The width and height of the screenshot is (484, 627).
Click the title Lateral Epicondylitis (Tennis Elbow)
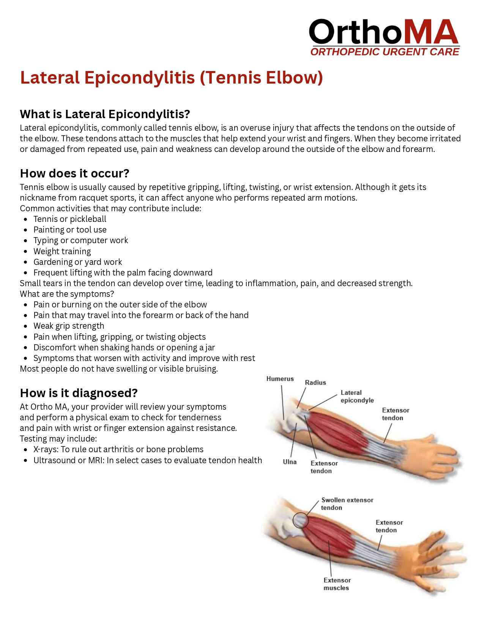click(x=171, y=78)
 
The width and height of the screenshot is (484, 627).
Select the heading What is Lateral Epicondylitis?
click(x=105, y=114)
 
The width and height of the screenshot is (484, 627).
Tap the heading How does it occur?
click(x=74, y=173)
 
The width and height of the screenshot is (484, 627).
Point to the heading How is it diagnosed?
click(x=79, y=393)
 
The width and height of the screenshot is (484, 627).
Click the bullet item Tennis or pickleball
click(x=70, y=219)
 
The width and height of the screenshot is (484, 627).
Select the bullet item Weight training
click(x=62, y=251)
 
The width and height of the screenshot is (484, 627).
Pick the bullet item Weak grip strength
click(x=69, y=326)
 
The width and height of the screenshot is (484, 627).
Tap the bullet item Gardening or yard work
click(x=78, y=262)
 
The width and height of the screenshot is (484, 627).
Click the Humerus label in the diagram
click(x=280, y=379)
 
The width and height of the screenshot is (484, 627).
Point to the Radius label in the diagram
click(x=315, y=383)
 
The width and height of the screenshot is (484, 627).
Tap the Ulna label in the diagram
click(x=290, y=462)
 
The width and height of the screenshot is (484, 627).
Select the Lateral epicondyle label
click(x=357, y=396)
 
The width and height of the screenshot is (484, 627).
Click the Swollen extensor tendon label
click(x=347, y=504)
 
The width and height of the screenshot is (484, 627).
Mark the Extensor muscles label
click(x=337, y=584)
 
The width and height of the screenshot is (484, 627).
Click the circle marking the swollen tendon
click(x=301, y=520)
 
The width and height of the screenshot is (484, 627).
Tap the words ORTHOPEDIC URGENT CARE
click(x=385, y=52)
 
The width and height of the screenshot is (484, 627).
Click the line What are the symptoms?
click(x=67, y=294)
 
